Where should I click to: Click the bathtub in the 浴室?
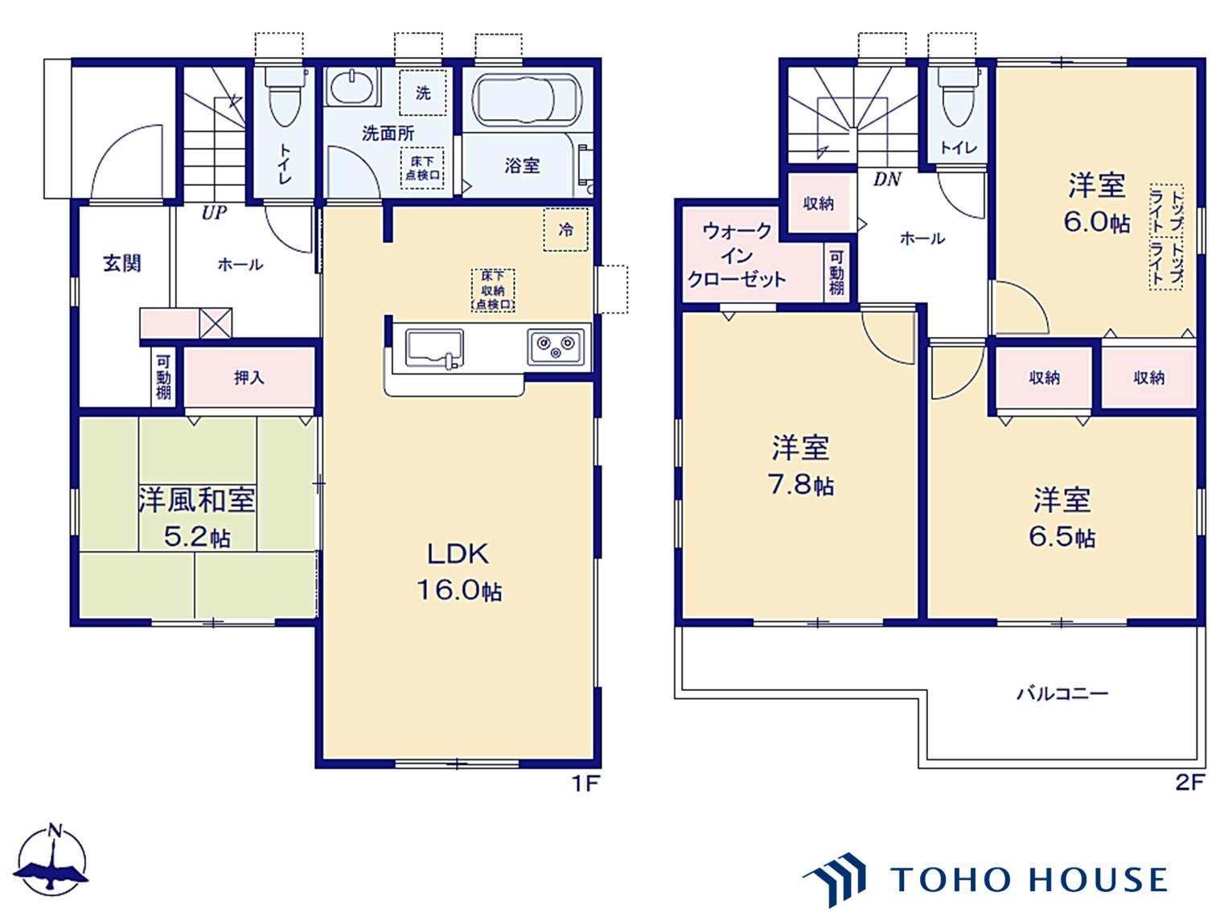coord(526,100)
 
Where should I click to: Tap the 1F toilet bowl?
coord(284,97)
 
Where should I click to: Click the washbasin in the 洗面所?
coord(352,86)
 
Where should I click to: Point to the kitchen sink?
coord(434,348)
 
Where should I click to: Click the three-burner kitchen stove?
coord(556,347)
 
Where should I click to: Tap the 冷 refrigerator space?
coord(565,229)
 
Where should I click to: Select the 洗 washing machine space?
coord(423,92)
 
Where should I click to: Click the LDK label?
coord(458,554)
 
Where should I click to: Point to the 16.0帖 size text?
coord(459,590)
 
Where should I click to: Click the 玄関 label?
coord(122,264)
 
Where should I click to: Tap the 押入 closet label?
coord(249,378)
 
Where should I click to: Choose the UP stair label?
coord(214,212)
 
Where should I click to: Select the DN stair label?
coord(887,179)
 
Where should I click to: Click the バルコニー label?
coord(1062,693)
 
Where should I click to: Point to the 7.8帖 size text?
coord(800,485)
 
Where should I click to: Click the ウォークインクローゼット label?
coord(737,255)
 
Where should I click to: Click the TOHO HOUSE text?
coord(1028,880)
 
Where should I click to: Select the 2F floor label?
coord(1189,783)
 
